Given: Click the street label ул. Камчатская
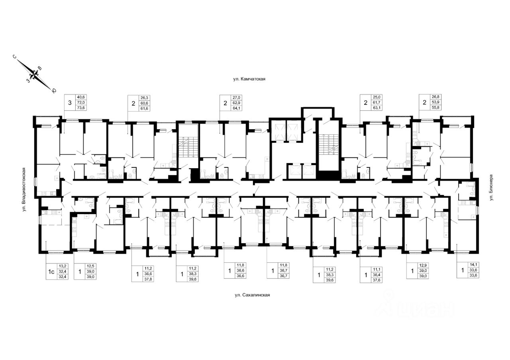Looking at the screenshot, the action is click(249, 79).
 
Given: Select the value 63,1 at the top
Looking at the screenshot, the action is click(377, 107).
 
